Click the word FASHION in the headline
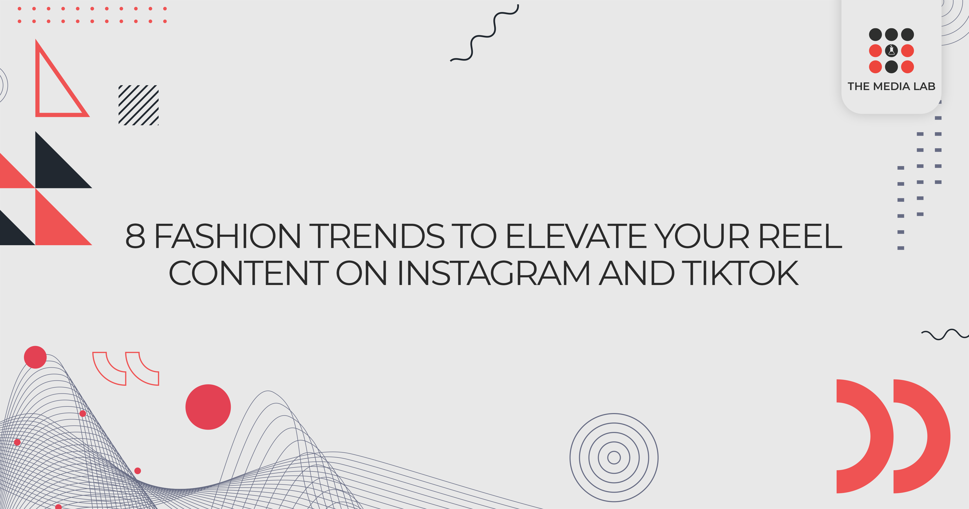point(227,237)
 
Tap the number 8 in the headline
point(135,237)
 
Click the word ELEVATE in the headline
point(576,237)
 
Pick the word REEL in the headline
point(800,237)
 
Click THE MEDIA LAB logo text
point(891,86)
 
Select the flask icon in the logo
point(891,51)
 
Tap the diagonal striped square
point(138,105)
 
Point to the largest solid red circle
point(208,407)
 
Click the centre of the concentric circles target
point(614,457)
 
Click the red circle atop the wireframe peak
point(35,357)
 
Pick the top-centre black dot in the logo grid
point(891,35)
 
